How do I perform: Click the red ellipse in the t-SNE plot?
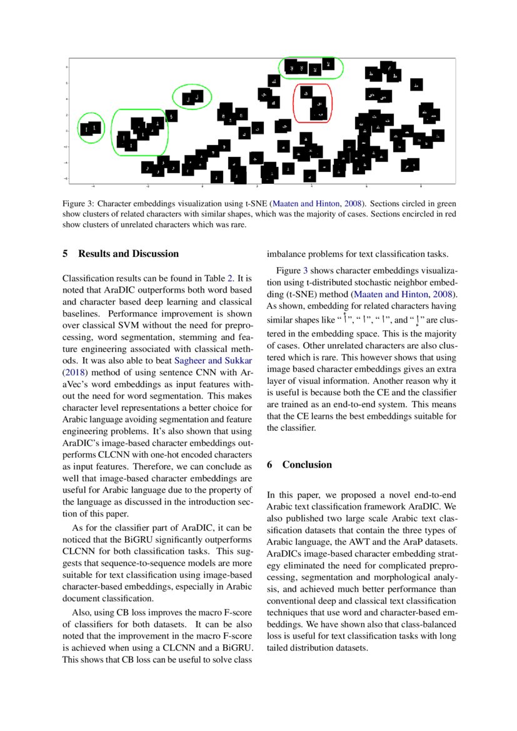[x=312, y=103]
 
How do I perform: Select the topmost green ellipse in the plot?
[x=311, y=68]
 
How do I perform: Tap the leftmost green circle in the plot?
[x=91, y=129]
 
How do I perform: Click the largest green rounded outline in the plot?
[x=139, y=132]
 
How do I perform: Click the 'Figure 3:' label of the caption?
[x=78, y=204]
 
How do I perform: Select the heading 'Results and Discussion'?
[x=128, y=254]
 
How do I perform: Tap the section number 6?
[x=270, y=465]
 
